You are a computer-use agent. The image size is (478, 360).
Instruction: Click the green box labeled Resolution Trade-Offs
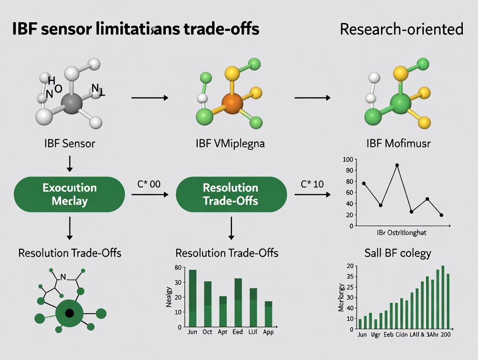point(230,194)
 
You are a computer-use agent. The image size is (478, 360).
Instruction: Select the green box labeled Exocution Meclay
point(69,194)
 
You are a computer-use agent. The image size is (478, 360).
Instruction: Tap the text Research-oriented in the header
point(401,29)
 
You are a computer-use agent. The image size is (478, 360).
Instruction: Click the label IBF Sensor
point(69,143)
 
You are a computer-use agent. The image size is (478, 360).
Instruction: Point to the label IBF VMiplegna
point(231,143)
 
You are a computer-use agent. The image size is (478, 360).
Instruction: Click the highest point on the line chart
point(397,165)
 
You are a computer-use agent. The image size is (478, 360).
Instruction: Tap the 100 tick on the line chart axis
point(348,160)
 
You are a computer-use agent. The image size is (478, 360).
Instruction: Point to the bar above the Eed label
point(238,302)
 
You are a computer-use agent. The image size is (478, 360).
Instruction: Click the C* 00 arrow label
point(149,184)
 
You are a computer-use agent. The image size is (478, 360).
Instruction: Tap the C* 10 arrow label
point(312,184)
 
